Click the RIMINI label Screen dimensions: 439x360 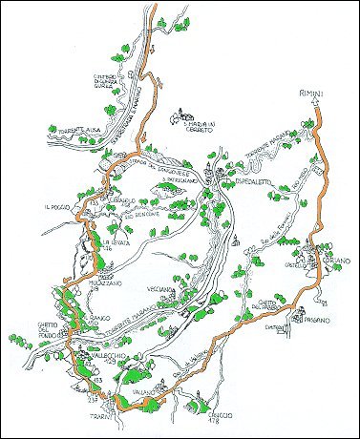pos(304,93)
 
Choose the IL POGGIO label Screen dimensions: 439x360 pos(58,205)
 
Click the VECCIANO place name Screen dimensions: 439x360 pos(159,287)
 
